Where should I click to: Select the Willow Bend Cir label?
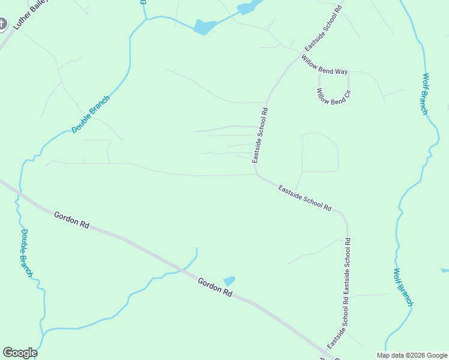tap(334, 97)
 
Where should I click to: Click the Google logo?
tap(20, 353)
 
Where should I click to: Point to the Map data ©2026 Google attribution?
tap(412, 355)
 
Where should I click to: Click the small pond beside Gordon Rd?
tap(229, 280)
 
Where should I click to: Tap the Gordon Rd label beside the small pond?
tap(215, 288)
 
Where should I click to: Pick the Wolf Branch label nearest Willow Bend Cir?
tap(425, 94)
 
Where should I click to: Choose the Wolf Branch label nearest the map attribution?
tap(403, 287)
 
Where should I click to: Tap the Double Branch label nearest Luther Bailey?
tap(91, 114)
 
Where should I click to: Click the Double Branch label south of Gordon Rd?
tap(26, 252)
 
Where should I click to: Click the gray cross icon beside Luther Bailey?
tap(2, 24)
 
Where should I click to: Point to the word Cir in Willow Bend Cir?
tap(346, 95)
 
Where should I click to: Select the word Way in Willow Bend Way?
tap(341, 71)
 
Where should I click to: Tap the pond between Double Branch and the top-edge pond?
tap(205, 26)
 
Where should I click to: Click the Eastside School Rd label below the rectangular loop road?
tap(305, 197)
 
